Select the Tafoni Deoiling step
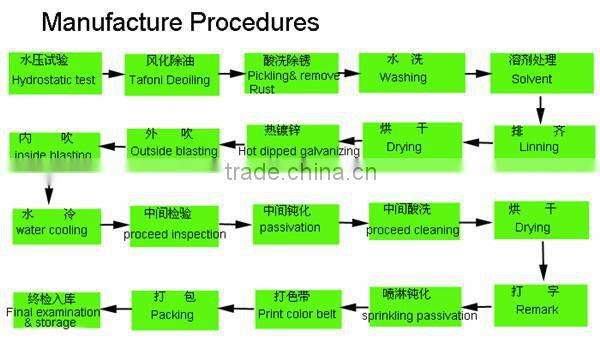pyautogui.click(x=167, y=73)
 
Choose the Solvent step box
pyautogui.click(x=531, y=72)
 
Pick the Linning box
pyautogui.click(x=538, y=142)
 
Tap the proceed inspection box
pyautogui.click(x=174, y=226)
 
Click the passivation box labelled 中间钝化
pyautogui.click(x=290, y=222)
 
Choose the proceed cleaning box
pyautogui.click(x=413, y=222)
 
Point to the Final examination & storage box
pyautogui.click(x=55, y=310)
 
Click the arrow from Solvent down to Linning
pyautogui.click(x=540, y=106)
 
